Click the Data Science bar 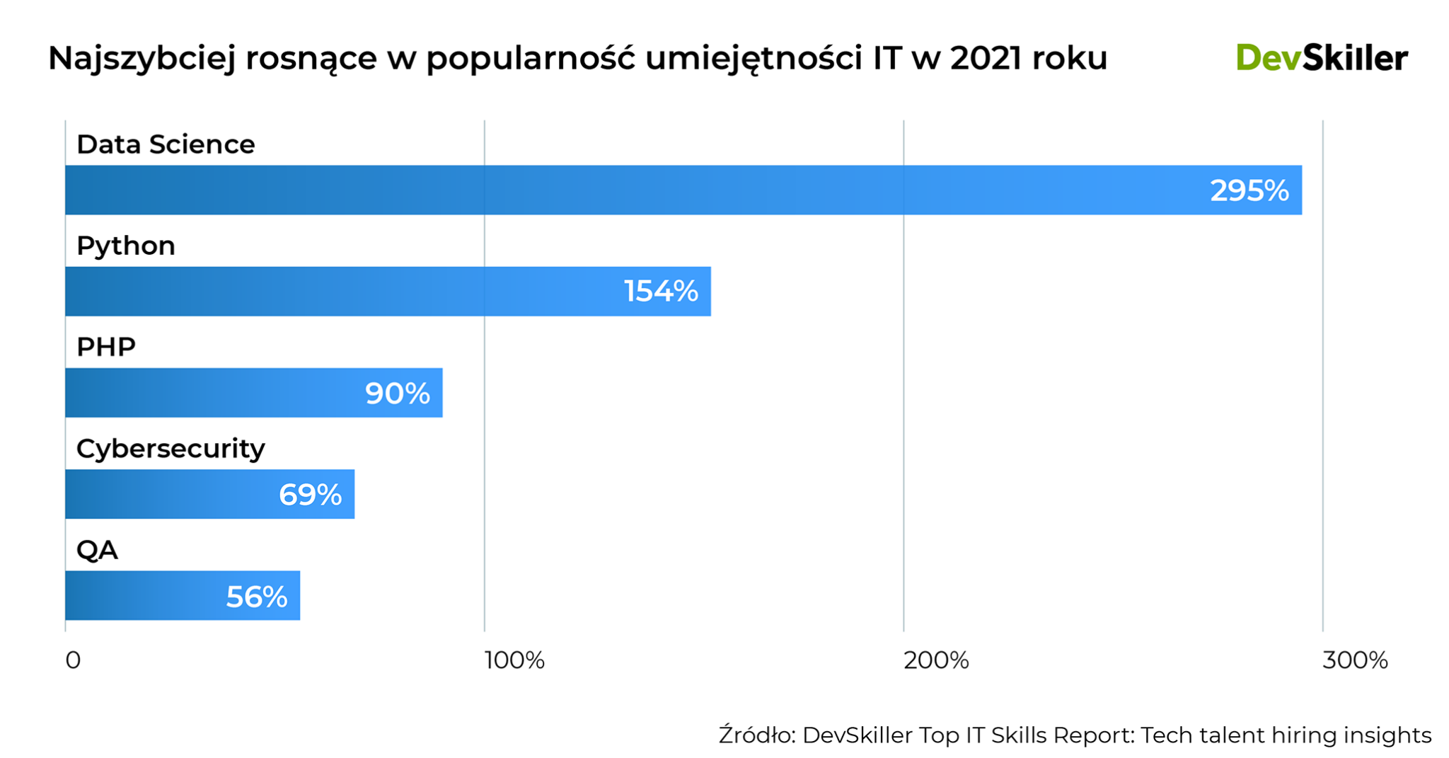[637, 190]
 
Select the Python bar [354, 291]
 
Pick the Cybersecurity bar [177, 494]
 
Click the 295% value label [1249, 190]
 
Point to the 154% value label [661, 292]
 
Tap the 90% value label [397, 394]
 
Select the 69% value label [310, 495]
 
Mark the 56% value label [256, 597]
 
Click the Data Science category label [166, 144]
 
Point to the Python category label [126, 246]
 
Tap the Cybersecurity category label [171, 448]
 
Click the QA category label [97, 550]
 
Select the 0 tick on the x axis [73, 660]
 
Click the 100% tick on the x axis [514, 660]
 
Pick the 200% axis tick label [935, 660]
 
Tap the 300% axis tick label [1354, 660]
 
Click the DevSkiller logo [1321, 58]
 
